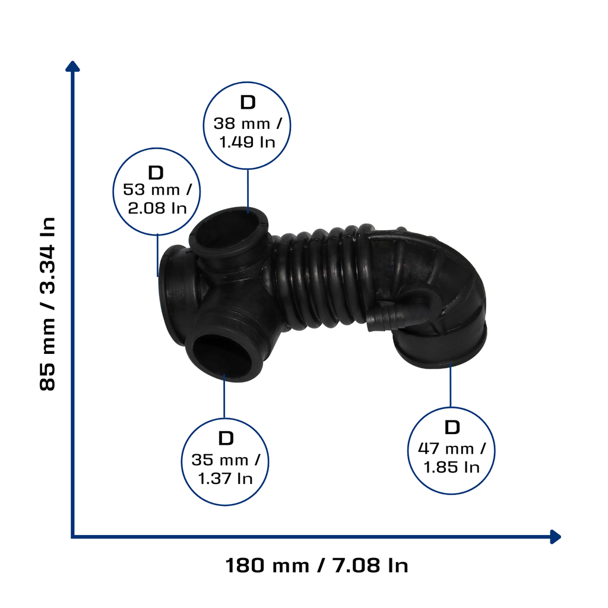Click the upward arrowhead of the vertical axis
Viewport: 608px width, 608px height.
click(x=72, y=66)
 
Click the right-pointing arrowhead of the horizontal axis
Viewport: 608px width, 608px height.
click(x=556, y=537)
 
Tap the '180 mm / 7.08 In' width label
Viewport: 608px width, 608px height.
click(x=317, y=565)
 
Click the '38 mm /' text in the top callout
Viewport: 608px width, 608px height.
click(x=248, y=123)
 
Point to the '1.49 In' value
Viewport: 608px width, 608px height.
click(x=248, y=142)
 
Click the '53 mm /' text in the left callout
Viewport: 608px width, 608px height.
click(x=157, y=190)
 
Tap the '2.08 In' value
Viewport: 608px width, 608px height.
click(x=157, y=208)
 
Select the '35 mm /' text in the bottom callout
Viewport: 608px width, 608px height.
click(x=225, y=460)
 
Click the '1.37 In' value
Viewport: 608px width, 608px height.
click(x=225, y=479)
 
